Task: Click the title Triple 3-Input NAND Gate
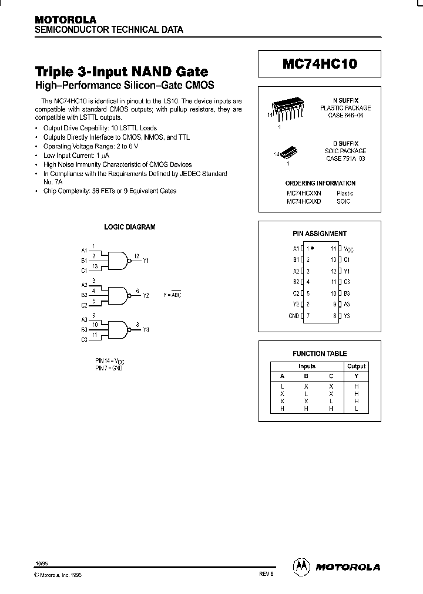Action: [122, 72]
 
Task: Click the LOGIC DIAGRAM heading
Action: [129, 227]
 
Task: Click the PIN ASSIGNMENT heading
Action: [320, 234]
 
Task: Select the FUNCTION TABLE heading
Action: [320, 353]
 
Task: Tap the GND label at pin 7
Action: [294, 316]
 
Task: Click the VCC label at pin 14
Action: [348, 249]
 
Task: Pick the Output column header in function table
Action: [356, 366]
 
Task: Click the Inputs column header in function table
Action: [307, 366]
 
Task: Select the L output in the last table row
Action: [356, 409]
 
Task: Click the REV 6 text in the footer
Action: [266, 575]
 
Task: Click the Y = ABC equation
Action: [172, 295]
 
